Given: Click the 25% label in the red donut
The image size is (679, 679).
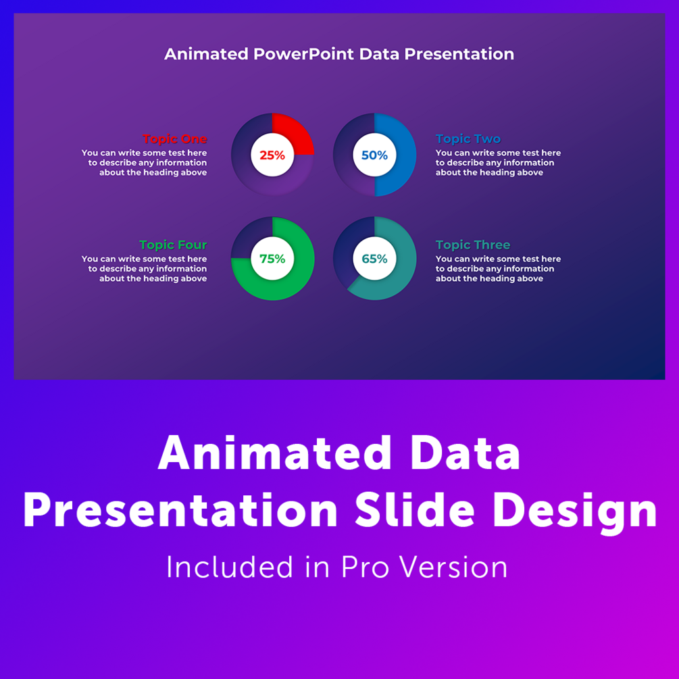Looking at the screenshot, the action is (x=272, y=155).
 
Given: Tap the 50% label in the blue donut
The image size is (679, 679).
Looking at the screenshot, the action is (x=374, y=155).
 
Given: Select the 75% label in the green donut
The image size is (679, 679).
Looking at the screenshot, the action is (x=272, y=259).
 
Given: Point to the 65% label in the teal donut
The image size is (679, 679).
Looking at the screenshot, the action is (x=374, y=259).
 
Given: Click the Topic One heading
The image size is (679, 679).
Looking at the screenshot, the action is (x=175, y=139).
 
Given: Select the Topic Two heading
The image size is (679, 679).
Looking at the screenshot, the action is (x=468, y=139).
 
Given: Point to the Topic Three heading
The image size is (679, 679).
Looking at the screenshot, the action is (x=473, y=245).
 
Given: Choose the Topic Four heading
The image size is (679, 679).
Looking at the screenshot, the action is (x=173, y=245).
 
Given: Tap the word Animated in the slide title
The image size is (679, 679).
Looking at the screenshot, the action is (x=206, y=54).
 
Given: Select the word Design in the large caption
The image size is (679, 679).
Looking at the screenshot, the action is (x=575, y=514).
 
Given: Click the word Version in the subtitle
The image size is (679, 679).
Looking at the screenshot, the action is (x=453, y=568).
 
